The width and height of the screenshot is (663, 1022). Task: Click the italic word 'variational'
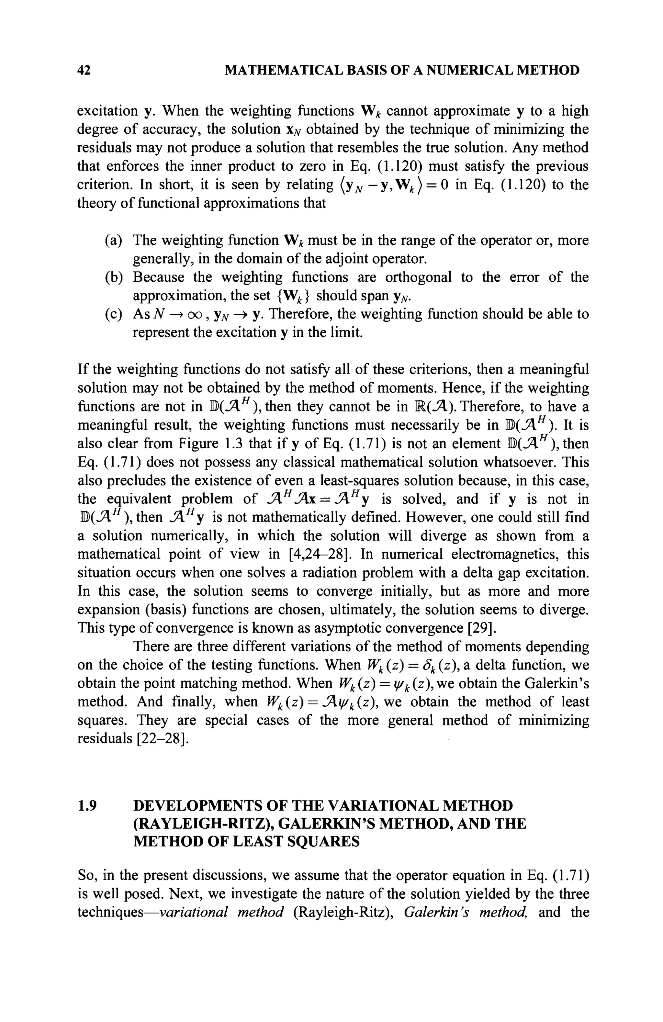coord(192,912)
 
